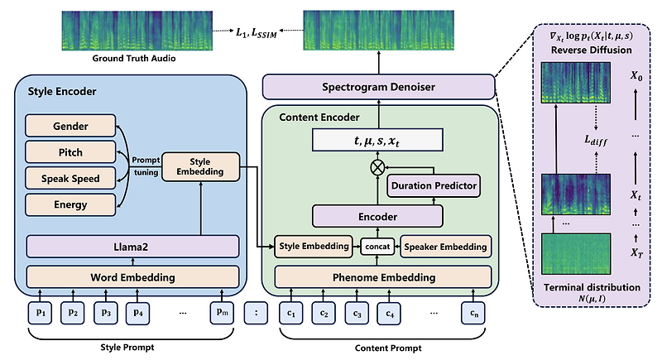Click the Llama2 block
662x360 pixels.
[133, 247]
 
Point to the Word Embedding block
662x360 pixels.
[133, 274]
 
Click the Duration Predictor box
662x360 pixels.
[434, 185]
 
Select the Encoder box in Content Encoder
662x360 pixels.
[377, 216]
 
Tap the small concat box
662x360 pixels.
[375, 246]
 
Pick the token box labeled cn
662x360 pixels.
[473, 313]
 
